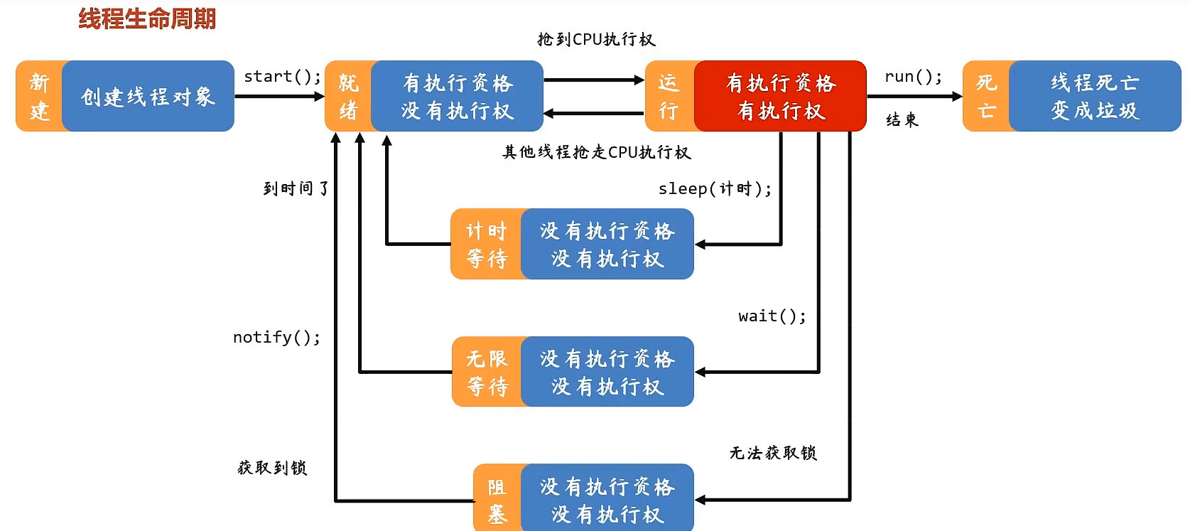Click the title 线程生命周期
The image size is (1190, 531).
pos(147,19)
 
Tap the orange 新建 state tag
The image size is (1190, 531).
pos(40,97)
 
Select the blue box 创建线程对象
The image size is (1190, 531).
pos(148,97)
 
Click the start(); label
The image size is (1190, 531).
pos(282,77)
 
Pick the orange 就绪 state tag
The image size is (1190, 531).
pos(348,97)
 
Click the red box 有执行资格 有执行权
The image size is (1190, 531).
pos(780,97)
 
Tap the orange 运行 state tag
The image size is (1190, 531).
pos(669,97)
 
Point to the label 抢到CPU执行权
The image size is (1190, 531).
pos(596,40)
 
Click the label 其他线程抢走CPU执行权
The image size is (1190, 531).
pos(596,152)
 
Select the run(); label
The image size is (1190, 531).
pos(913,77)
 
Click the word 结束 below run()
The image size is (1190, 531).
pos(902,120)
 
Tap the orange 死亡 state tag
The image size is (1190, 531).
pos(986,97)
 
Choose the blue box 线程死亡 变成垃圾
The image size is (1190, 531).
pos(1095,97)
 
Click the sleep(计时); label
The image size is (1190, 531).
pos(715,189)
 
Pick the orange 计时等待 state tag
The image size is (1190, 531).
pos(487,245)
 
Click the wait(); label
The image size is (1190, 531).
pos(772,316)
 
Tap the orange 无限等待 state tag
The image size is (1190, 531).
pos(487,372)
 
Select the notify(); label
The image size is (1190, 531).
pos(276,338)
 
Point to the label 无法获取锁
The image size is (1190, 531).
pos(773,453)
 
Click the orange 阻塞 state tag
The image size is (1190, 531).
pos(497,500)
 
